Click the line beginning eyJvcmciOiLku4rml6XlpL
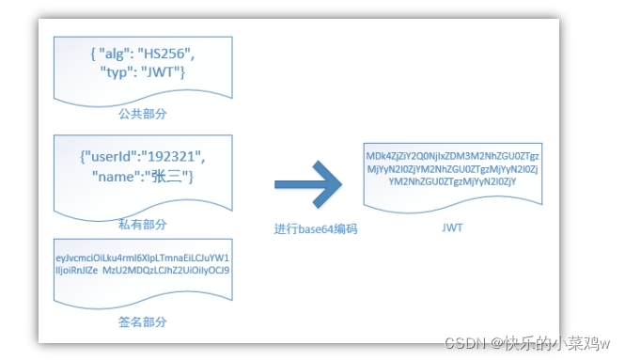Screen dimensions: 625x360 (144, 257)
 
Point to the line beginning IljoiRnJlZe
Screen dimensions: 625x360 (144, 271)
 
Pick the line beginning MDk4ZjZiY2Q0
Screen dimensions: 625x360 (452, 155)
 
